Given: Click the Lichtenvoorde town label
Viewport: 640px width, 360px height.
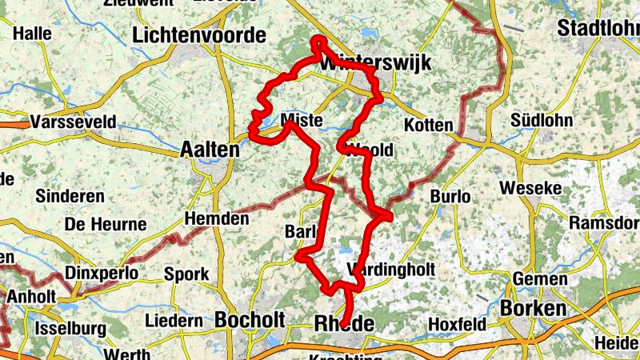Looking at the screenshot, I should [x=199, y=35].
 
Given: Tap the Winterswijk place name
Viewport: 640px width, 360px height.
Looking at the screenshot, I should [x=376, y=63].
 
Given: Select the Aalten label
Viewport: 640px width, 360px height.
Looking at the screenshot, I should [x=210, y=149].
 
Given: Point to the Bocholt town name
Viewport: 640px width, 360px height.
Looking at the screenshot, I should [x=250, y=319].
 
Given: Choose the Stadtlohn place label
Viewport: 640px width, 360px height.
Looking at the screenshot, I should [x=598, y=28].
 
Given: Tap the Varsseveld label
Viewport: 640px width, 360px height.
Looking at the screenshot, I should [x=74, y=122].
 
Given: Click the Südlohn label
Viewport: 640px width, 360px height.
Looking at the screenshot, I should [x=542, y=121].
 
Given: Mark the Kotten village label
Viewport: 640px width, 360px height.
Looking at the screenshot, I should [x=429, y=126].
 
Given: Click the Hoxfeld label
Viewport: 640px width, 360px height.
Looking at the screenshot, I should [x=456, y=324].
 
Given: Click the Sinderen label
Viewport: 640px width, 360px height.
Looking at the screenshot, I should [x=70, y=196].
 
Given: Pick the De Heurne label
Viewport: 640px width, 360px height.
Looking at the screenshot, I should [x=94, y=224].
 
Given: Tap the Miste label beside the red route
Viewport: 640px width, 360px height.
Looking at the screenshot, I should [x=302, y=122].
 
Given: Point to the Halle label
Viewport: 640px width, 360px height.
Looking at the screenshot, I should [x=33, y=34].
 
